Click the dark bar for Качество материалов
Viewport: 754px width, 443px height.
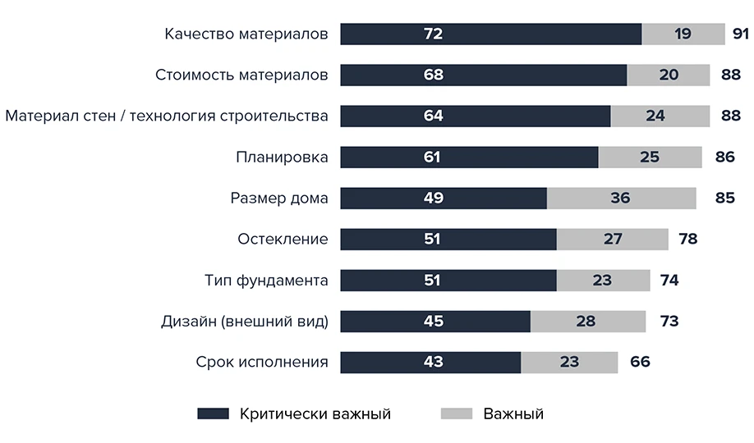490,34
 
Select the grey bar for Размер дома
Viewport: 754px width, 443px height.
621,198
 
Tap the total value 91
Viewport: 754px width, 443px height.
740,34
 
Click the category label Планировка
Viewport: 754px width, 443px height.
282,157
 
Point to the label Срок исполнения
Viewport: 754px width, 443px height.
262,362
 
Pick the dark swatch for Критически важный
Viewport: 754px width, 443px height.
213,413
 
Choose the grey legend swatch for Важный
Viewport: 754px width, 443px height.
457,413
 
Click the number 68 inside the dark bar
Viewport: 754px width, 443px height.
433,75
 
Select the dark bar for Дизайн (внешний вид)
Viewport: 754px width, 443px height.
435,321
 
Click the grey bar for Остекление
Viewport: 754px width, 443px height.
612,239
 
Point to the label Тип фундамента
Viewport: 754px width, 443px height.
266,280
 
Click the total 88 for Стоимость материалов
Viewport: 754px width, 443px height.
731,75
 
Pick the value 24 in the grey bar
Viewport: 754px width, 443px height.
655,116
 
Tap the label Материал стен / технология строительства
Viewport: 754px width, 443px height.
167,116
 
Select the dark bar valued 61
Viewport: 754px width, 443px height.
469,157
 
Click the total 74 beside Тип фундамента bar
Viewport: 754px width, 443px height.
669,280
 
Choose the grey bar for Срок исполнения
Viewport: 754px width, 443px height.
569,362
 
